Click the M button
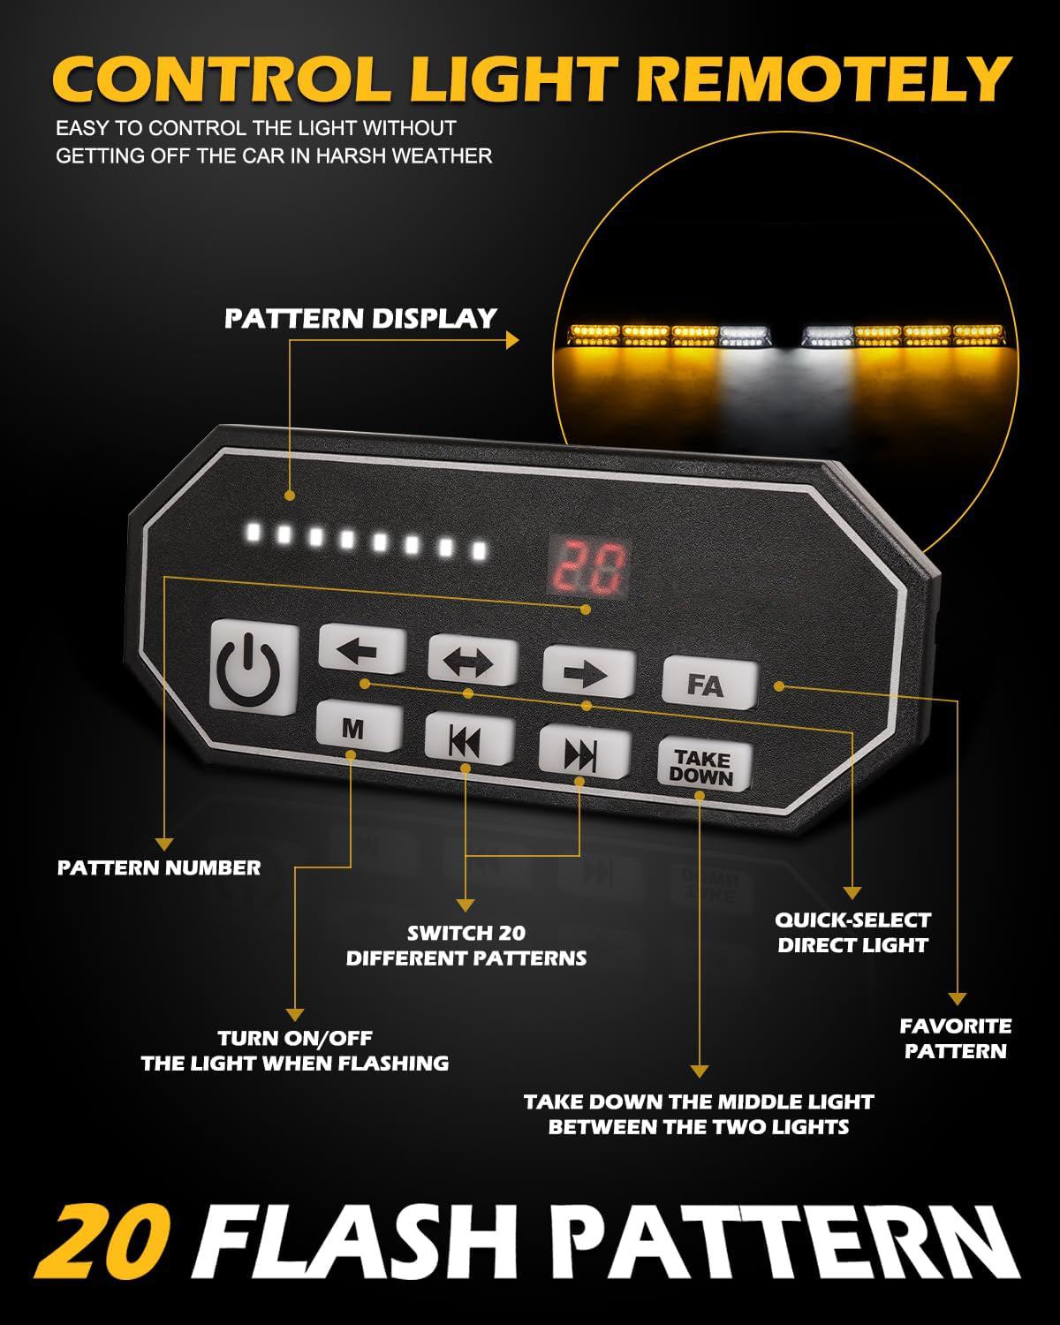pyautogui.click(x=353, y=728)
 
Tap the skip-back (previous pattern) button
pyautogui.click(x=467, y=740)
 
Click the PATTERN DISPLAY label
pyautogui.click(x=360, y=319)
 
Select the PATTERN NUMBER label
pyautogui.click(x=159, y=867)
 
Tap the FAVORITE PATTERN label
pyautogui.click(x=955, y=1039)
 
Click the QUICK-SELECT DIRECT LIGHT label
pyautogui.click(x=852, y=933)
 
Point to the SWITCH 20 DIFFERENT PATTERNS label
pyautogui.click(x=466, y=945)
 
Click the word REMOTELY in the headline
pyautogui.click(x=825, y=80)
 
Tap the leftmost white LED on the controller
pyautogui.click(x=254, y=532)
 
